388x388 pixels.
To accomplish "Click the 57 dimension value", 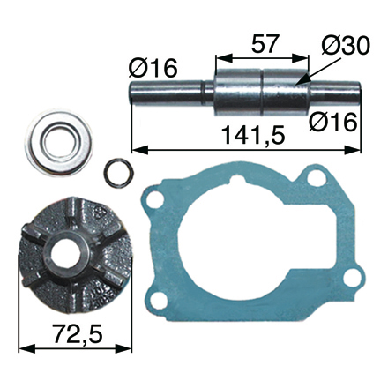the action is pos(265,44).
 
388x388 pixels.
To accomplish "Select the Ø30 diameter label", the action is pos(346,46).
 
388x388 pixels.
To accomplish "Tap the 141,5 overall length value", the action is pos(253,135).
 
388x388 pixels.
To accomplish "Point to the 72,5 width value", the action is pos(78,333).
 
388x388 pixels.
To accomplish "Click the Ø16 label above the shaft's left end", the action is pos(153,68).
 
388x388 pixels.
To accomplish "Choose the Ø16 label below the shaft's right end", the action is pos(333,123).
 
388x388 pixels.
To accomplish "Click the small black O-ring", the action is pos(118,173).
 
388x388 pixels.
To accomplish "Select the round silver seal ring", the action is pos(59,143).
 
